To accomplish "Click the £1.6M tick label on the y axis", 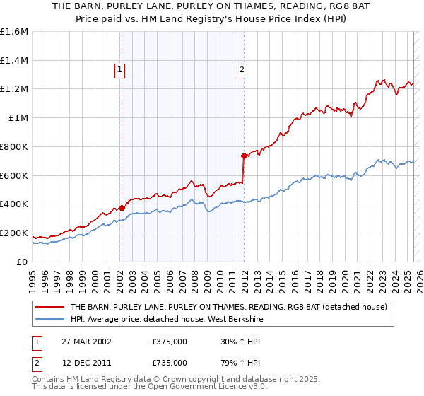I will [14, 32].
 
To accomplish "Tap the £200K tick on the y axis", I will [14, 233].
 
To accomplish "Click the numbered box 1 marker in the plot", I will [121, 69].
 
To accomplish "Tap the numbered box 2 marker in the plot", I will [242, 69].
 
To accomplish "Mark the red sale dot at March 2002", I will [122, 208].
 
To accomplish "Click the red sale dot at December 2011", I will [243, 156].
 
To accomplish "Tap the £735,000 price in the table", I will [170, 362].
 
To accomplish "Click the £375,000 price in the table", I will [170, 341].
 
